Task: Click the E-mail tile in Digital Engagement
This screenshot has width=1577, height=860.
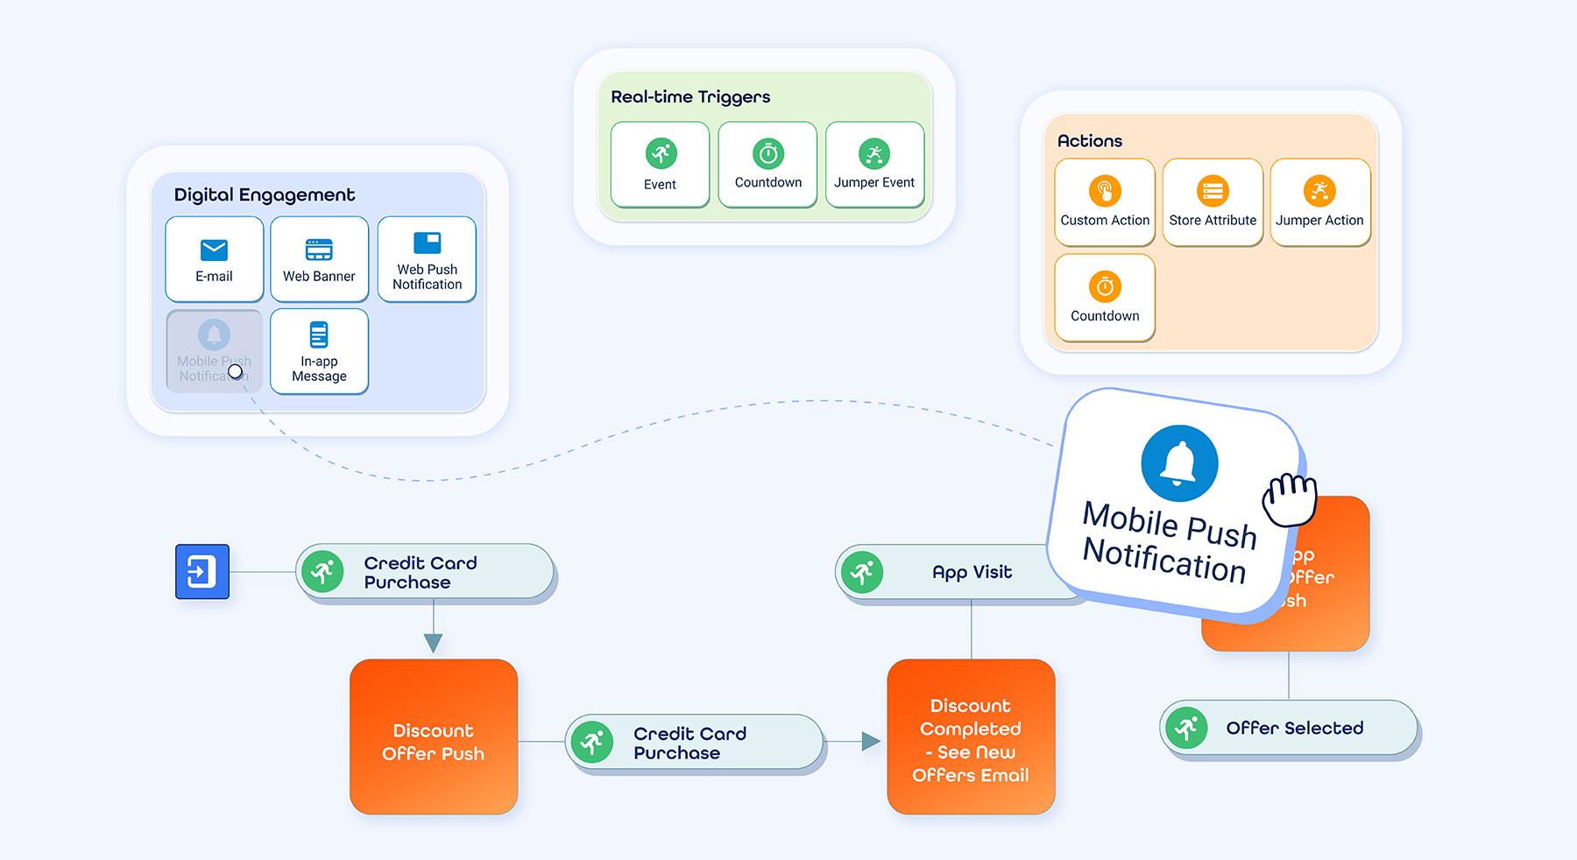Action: pyautogui.click(x=214, y=259)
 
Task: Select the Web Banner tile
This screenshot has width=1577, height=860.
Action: pyautogui.click(x=319, y=259)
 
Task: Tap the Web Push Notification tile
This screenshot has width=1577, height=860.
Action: pyautogui.click(x=427, y=259)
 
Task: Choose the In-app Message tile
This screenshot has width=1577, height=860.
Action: pyautogui.click(x=319, y=351)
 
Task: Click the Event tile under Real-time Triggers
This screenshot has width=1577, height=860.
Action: pyautogui.click(x=660, y=165)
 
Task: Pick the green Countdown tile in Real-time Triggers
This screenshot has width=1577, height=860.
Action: pyautogui.click(x=767, y=165)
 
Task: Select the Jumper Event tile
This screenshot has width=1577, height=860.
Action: pyautogui.click(x=874, y=165)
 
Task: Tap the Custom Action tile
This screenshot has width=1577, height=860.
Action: pyautogui.click(x=1105, y=202)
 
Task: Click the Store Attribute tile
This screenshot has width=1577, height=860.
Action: pyautogui.click(x=1213, y=202)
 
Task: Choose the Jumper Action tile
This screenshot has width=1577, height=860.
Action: pyautogui.click(x=1319, y=202)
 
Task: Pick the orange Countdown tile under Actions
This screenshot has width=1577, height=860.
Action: pyautogui.click(x=1105, y=298)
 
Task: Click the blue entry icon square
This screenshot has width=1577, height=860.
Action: pyautogui.click(x=202, y=572)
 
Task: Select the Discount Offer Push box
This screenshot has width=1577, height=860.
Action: pyautogui.click(x=434, y=737)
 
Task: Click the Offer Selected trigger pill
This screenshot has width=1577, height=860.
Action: pyautogui.click(x=1289, y=728)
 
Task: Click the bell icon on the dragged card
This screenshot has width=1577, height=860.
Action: pyautogui.click(x=1179, y=464)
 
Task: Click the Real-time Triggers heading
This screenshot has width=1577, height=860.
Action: pyautogui.click(x=690, y=97)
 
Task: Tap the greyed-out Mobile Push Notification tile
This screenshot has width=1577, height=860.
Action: pyautogui.click(x=214, y=351)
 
